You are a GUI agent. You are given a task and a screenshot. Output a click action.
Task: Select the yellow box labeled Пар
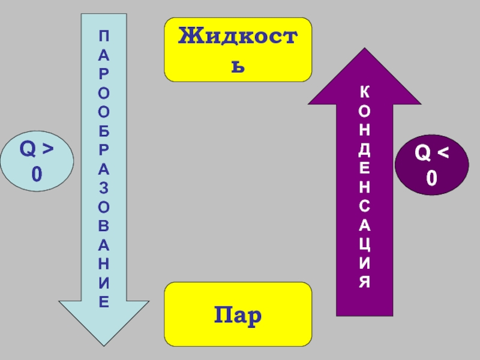pyautogui.click(x=238, y=314)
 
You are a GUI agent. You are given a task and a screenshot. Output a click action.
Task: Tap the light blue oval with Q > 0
pyautogui.click(x=37, y=162)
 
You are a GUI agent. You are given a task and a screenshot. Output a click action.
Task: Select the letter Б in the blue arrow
pyautogui.click(x=104, y=130)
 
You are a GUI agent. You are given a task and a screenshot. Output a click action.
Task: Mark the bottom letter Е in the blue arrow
pyautogui.click(x=104, y=301)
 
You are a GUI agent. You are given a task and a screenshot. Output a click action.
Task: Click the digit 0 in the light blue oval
pyautogui.click(x=37, y=175)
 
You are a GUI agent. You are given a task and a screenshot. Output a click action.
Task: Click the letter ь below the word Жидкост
pyautogui.click(x=239, y=64)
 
